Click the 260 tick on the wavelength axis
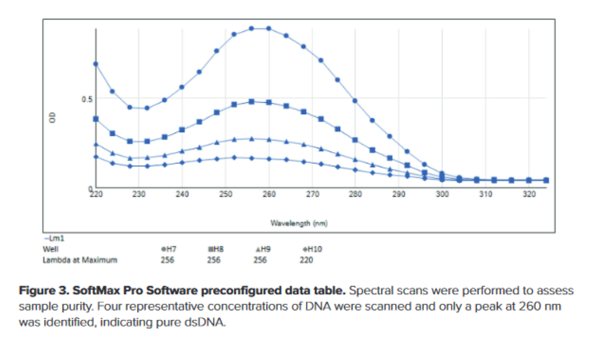coord(269,194)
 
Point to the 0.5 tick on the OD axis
coord(86,99)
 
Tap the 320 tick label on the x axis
coord(529,194)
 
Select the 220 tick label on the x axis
coord(96,194)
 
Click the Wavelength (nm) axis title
coord(299,223)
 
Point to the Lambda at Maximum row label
coord(80,260)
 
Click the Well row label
coord(50,249)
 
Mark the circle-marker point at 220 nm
coord(95,64)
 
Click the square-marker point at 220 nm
coord(95,119)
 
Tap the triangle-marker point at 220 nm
coord(95,144)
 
